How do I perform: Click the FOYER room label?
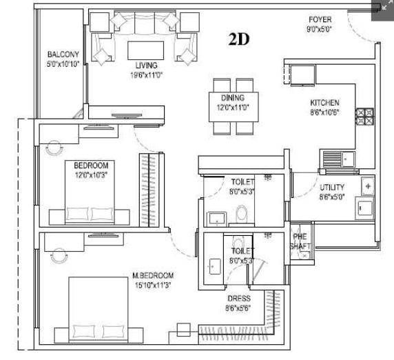320,19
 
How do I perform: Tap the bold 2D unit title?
239,39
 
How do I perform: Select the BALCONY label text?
63,54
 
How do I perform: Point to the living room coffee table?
146,50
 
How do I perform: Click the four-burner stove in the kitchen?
364,117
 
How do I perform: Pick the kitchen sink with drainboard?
338,159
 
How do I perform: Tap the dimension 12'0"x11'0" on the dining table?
233,108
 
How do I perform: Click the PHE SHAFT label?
300,241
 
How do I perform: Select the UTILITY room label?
332,188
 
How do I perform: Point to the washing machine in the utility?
364,208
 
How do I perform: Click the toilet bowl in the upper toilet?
242,214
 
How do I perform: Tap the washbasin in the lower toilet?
215,266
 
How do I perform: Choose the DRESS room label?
239,299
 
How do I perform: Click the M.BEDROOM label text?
153,275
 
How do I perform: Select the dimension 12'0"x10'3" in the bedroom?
91,175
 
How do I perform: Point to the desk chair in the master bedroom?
59,256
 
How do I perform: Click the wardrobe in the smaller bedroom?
149,190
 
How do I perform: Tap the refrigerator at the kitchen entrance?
302,75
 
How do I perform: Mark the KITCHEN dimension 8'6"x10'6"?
324,112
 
